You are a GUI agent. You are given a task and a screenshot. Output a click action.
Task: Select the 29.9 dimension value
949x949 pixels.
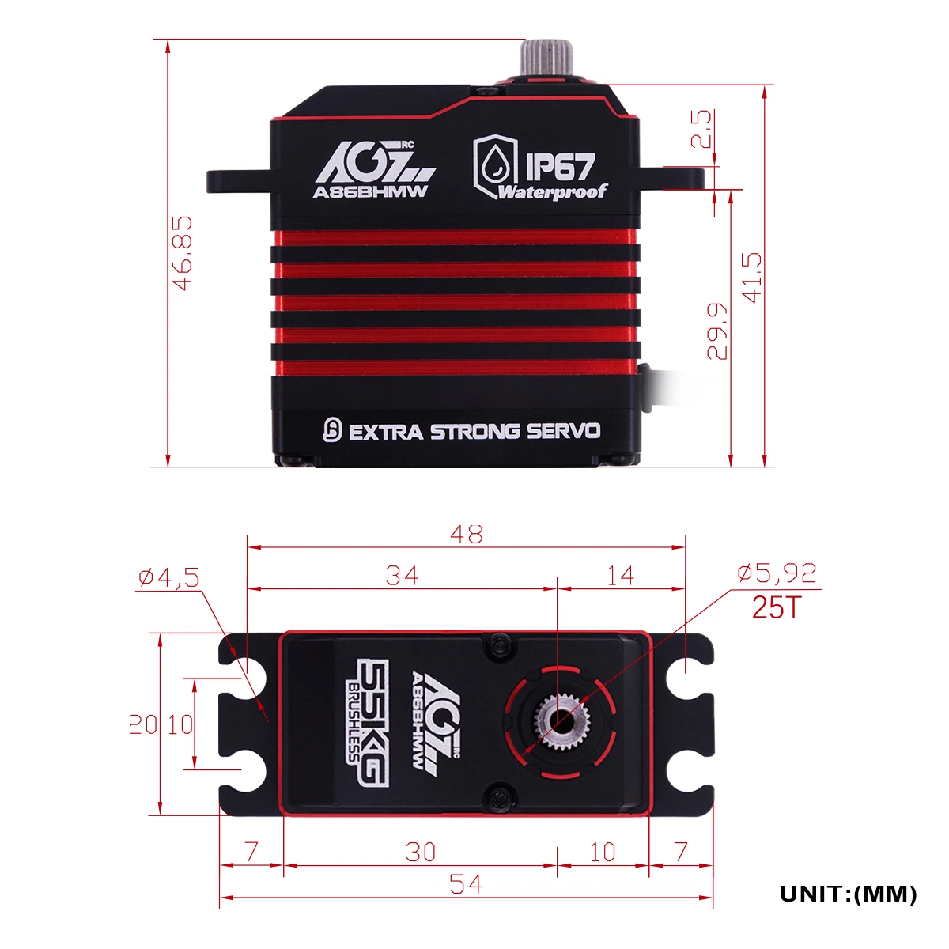click(716, 331)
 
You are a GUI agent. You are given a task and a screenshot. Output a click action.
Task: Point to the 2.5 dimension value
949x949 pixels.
click(701, 129)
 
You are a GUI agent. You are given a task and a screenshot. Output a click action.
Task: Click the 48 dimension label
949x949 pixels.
click(467, 534)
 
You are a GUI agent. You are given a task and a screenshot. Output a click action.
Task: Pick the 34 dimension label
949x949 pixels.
click(402, 575)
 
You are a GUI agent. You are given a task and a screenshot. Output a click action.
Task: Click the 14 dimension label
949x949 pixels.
click(619, 575)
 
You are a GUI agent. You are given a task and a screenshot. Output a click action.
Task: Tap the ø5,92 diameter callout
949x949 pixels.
click(777, 573)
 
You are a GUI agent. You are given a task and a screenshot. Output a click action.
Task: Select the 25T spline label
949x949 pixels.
click(777, 607)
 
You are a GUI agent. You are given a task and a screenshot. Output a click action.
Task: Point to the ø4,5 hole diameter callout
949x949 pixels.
click(169, 577)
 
